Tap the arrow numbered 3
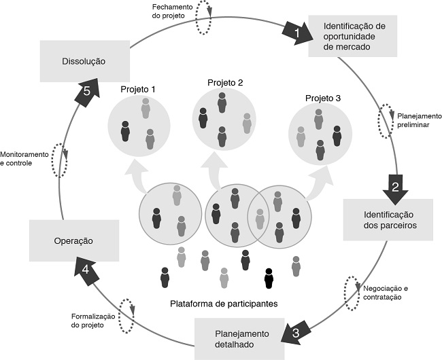294,332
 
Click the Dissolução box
83,60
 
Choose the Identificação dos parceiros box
388,219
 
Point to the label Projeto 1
138,89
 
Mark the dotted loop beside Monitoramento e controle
59,160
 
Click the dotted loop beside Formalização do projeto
126,315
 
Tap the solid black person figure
268,278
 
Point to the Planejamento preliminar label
418,120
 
